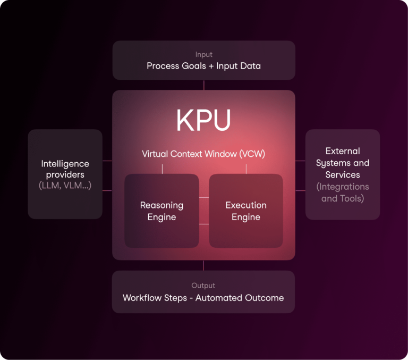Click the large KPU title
click(x=203, y=121)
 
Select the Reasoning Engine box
click(x=161, y=211)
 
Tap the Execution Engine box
click(x=245, y=211)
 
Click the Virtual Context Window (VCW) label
click(x=203, y=154)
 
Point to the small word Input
click(x=203, y=55)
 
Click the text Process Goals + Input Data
click(x=203, y=66)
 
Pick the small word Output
click(x=203, y=286)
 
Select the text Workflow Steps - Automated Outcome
click(x=203, y=298)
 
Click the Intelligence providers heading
click(x=65, y=169)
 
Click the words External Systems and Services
click(x=343, y=163)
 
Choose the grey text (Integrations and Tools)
click(x=343, y=192)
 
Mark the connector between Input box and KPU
click(x=203, y=85)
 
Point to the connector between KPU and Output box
click(x=203, y=265)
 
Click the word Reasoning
click(x=161, y=205)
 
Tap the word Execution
click(x=246, y=205)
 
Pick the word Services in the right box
click(x=343, y=175)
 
